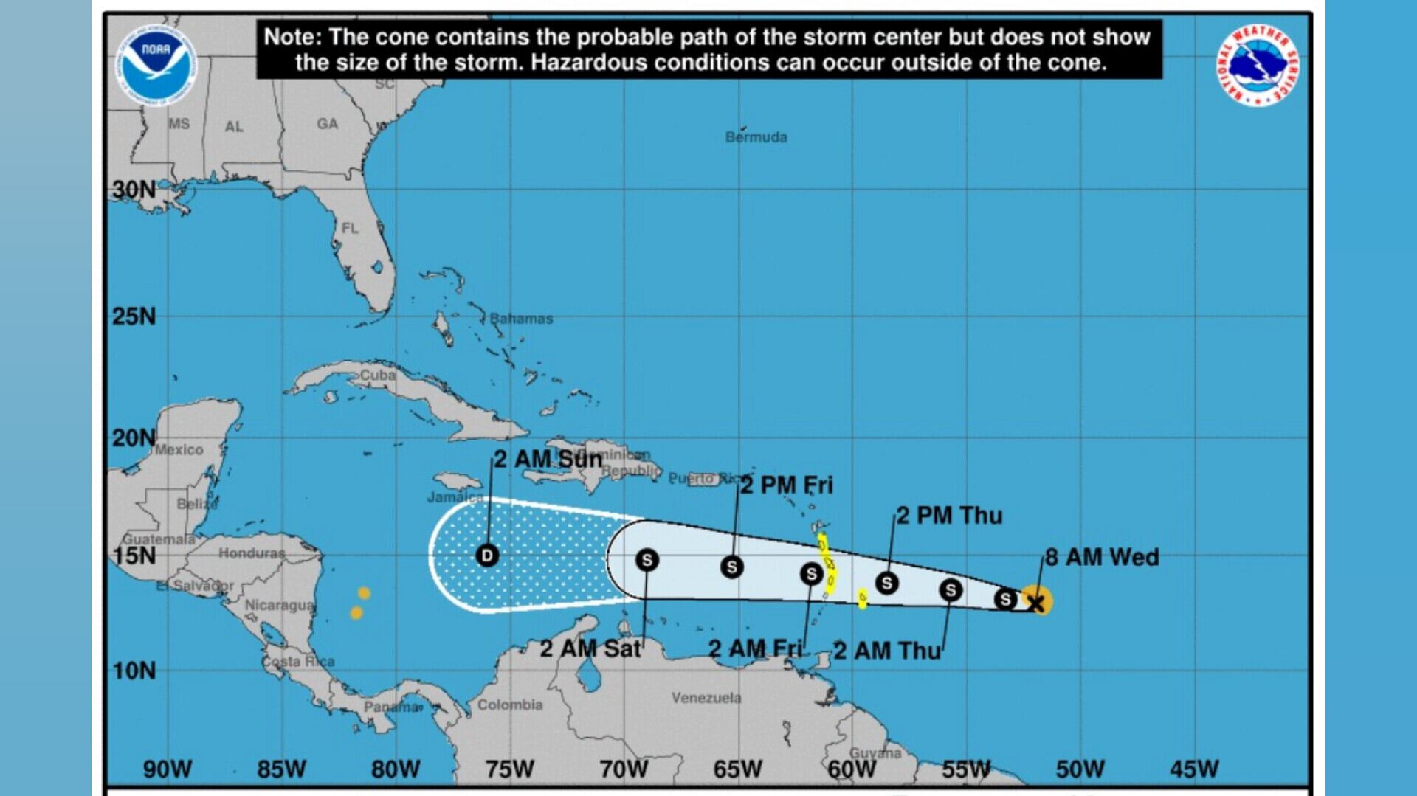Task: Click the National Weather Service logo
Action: coord(1257,66)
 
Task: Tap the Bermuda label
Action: coord(756,137)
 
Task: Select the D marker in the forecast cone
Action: coord(487,556)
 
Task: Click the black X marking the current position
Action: coord(1036,604)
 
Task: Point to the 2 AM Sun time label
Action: coord(548,459)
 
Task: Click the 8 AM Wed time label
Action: coord(1101,557)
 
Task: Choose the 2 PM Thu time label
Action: coord(949,515)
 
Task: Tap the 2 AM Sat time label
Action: coord(590,648)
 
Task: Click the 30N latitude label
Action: coord(134,190)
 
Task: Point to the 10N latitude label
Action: coord(134,671)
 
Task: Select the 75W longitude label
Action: coord(509,769)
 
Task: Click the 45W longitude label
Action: coord(1193,769)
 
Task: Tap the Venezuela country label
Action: coord(706,697)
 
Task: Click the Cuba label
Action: coord(378,375)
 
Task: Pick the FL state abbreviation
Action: coord(350,229)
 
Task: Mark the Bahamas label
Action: coord(521,319)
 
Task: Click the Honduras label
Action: coord(252,553)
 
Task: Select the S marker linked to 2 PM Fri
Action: coord(731,567)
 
